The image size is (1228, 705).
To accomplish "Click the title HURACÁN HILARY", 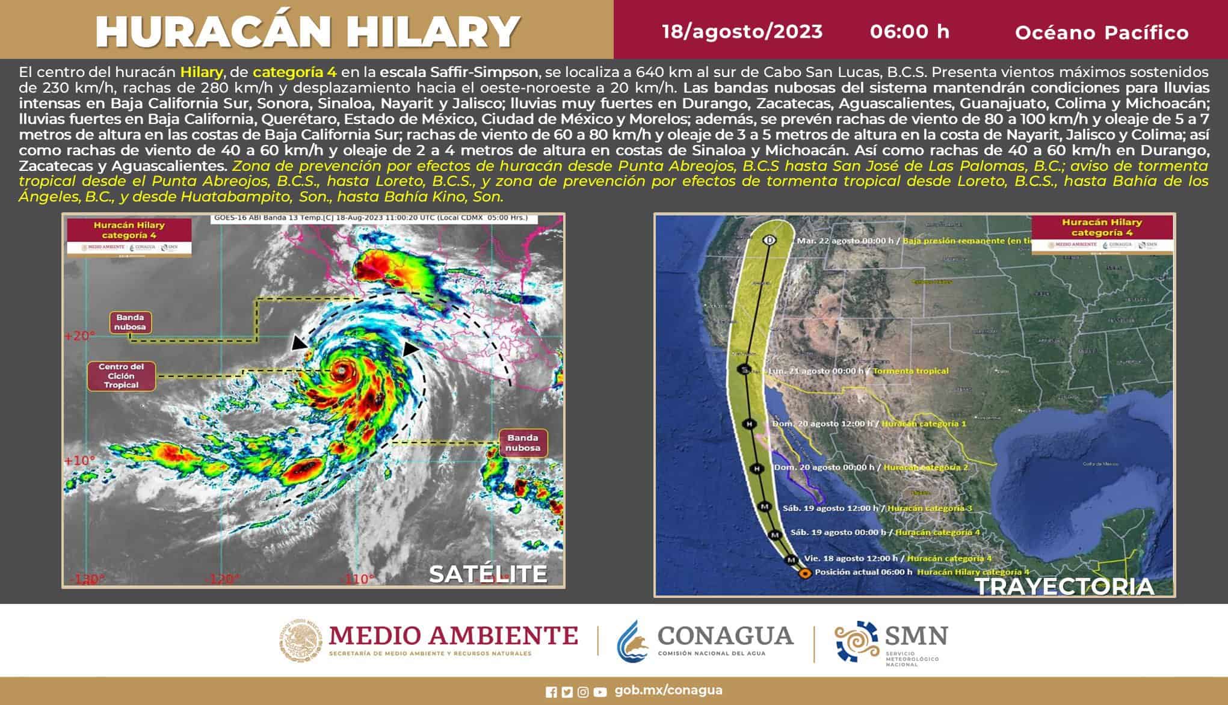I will tap(307, 31).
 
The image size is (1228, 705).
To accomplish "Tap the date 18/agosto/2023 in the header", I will tap(742, 31).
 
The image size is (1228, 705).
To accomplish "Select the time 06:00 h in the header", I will tap(909, 31).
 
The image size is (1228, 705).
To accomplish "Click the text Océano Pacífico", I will tap(1102, 32).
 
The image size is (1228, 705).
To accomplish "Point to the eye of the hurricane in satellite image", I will tap(342, 369).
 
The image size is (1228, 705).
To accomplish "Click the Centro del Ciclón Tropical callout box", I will tap(121, 376).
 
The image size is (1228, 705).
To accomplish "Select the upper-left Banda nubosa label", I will tap(130, 322).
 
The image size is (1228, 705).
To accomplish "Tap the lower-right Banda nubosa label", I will tap(522, 443).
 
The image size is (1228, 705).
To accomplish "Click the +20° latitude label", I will tap(79, 336).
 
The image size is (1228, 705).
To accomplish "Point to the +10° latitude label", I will tap(79, 461).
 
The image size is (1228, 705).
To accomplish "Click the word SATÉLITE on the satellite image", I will tap(488, 574).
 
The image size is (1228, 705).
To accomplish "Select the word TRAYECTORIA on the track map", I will tap(1064, 586).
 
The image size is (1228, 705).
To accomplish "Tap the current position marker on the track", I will tap(804, 573).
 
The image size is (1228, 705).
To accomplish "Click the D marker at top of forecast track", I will tap(770, 240).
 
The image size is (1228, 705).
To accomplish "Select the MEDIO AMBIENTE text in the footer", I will tap(452, 635).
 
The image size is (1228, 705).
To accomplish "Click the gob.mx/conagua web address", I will tap(668, 691).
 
